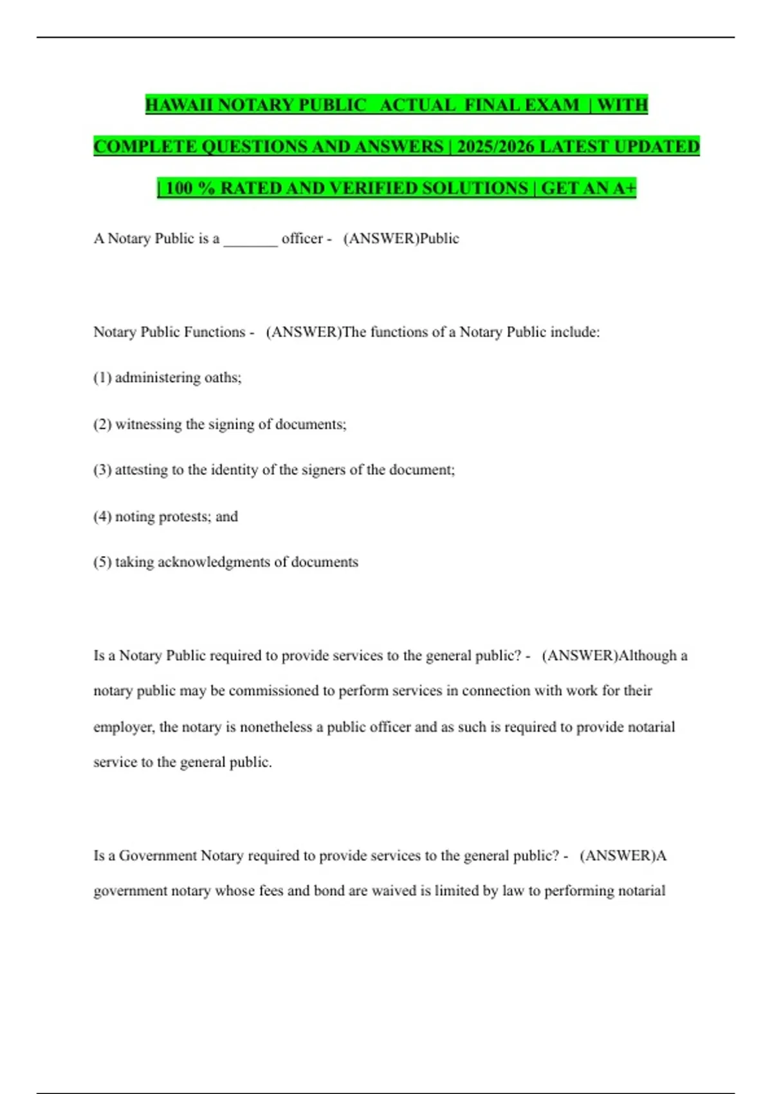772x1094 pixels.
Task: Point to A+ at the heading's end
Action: [624, 188]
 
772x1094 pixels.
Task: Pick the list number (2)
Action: [102, 425]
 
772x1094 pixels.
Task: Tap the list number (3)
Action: [102, 470]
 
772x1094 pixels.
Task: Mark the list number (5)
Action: [102, 562]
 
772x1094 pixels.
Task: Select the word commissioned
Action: [273, 691]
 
